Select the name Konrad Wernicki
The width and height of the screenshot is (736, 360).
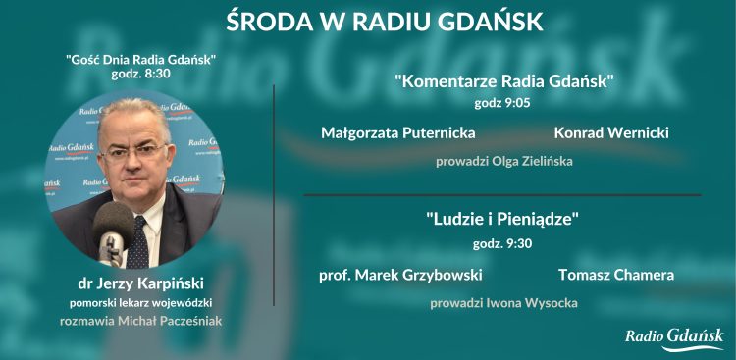[605, 131]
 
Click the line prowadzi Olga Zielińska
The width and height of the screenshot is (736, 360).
[504, 161]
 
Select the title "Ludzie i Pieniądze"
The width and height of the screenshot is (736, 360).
[503, 218]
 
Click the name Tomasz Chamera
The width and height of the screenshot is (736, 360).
[616, 275]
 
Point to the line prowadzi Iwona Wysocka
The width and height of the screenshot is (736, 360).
[503, 303]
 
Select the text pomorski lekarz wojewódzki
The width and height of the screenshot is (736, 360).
[140, 302]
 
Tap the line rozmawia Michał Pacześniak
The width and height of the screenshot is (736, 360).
[140, 320]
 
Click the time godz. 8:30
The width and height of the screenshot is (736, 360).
[140, 75]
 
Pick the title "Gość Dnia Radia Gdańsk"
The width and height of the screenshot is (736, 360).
[140, 59]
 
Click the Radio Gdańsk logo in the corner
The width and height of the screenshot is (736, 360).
[674, 337]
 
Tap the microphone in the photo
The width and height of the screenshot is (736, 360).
[114, 228]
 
